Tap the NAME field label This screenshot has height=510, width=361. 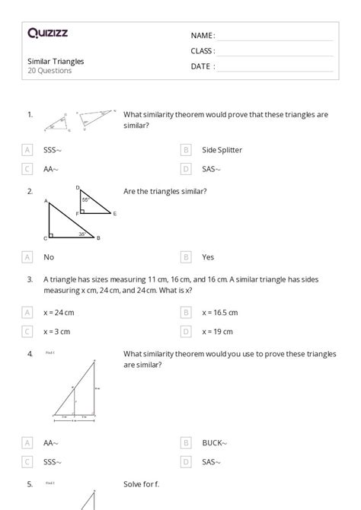click(x=203, y=36)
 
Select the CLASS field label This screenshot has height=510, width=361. click(x=203, y=51)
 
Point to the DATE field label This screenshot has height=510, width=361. click(x=203, y=66)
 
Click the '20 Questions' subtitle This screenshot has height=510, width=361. click(x=50, y=71)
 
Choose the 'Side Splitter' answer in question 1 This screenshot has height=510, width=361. click(x=222, y=150)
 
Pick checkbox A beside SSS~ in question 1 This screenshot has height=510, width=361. click(x=27, y=150)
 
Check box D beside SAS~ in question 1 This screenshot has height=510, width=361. click(x=186, y=169)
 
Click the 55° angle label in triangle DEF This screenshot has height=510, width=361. click(x=86, y=199)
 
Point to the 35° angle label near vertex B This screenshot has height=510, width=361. click(x=82, y=234)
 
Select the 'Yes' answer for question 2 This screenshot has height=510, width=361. click(x=208, y=257)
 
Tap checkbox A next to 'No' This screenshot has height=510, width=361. click(x=27, y=257)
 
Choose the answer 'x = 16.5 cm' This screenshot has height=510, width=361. click(x=220, y=312)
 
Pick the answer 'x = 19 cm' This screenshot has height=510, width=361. click(x=218, y=331)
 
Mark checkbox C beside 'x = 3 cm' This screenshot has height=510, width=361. click(x=27, y=331)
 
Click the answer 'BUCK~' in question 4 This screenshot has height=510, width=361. click(x=215, y=442)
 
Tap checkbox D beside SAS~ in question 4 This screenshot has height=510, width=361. click(x=186, y=461)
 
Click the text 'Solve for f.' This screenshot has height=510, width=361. click(x=141, y=484)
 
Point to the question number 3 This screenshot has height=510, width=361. click(x=30, y=279)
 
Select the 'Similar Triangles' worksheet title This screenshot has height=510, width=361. click(x=56, y=61)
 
